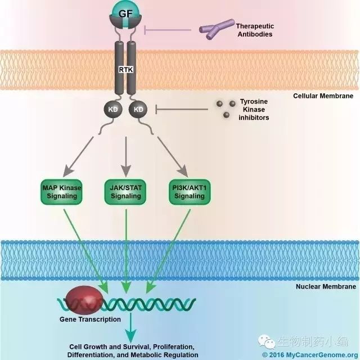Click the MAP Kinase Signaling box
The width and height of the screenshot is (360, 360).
pos(62,191)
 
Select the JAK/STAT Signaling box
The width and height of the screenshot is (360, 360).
pos(125,191)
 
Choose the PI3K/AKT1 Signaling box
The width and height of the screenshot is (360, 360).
pos(188,191)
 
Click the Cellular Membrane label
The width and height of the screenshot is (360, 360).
pos(323,96)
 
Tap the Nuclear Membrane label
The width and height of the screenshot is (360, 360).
pos(325,287)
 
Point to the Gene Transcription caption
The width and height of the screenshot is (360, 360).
pos(90,319)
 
